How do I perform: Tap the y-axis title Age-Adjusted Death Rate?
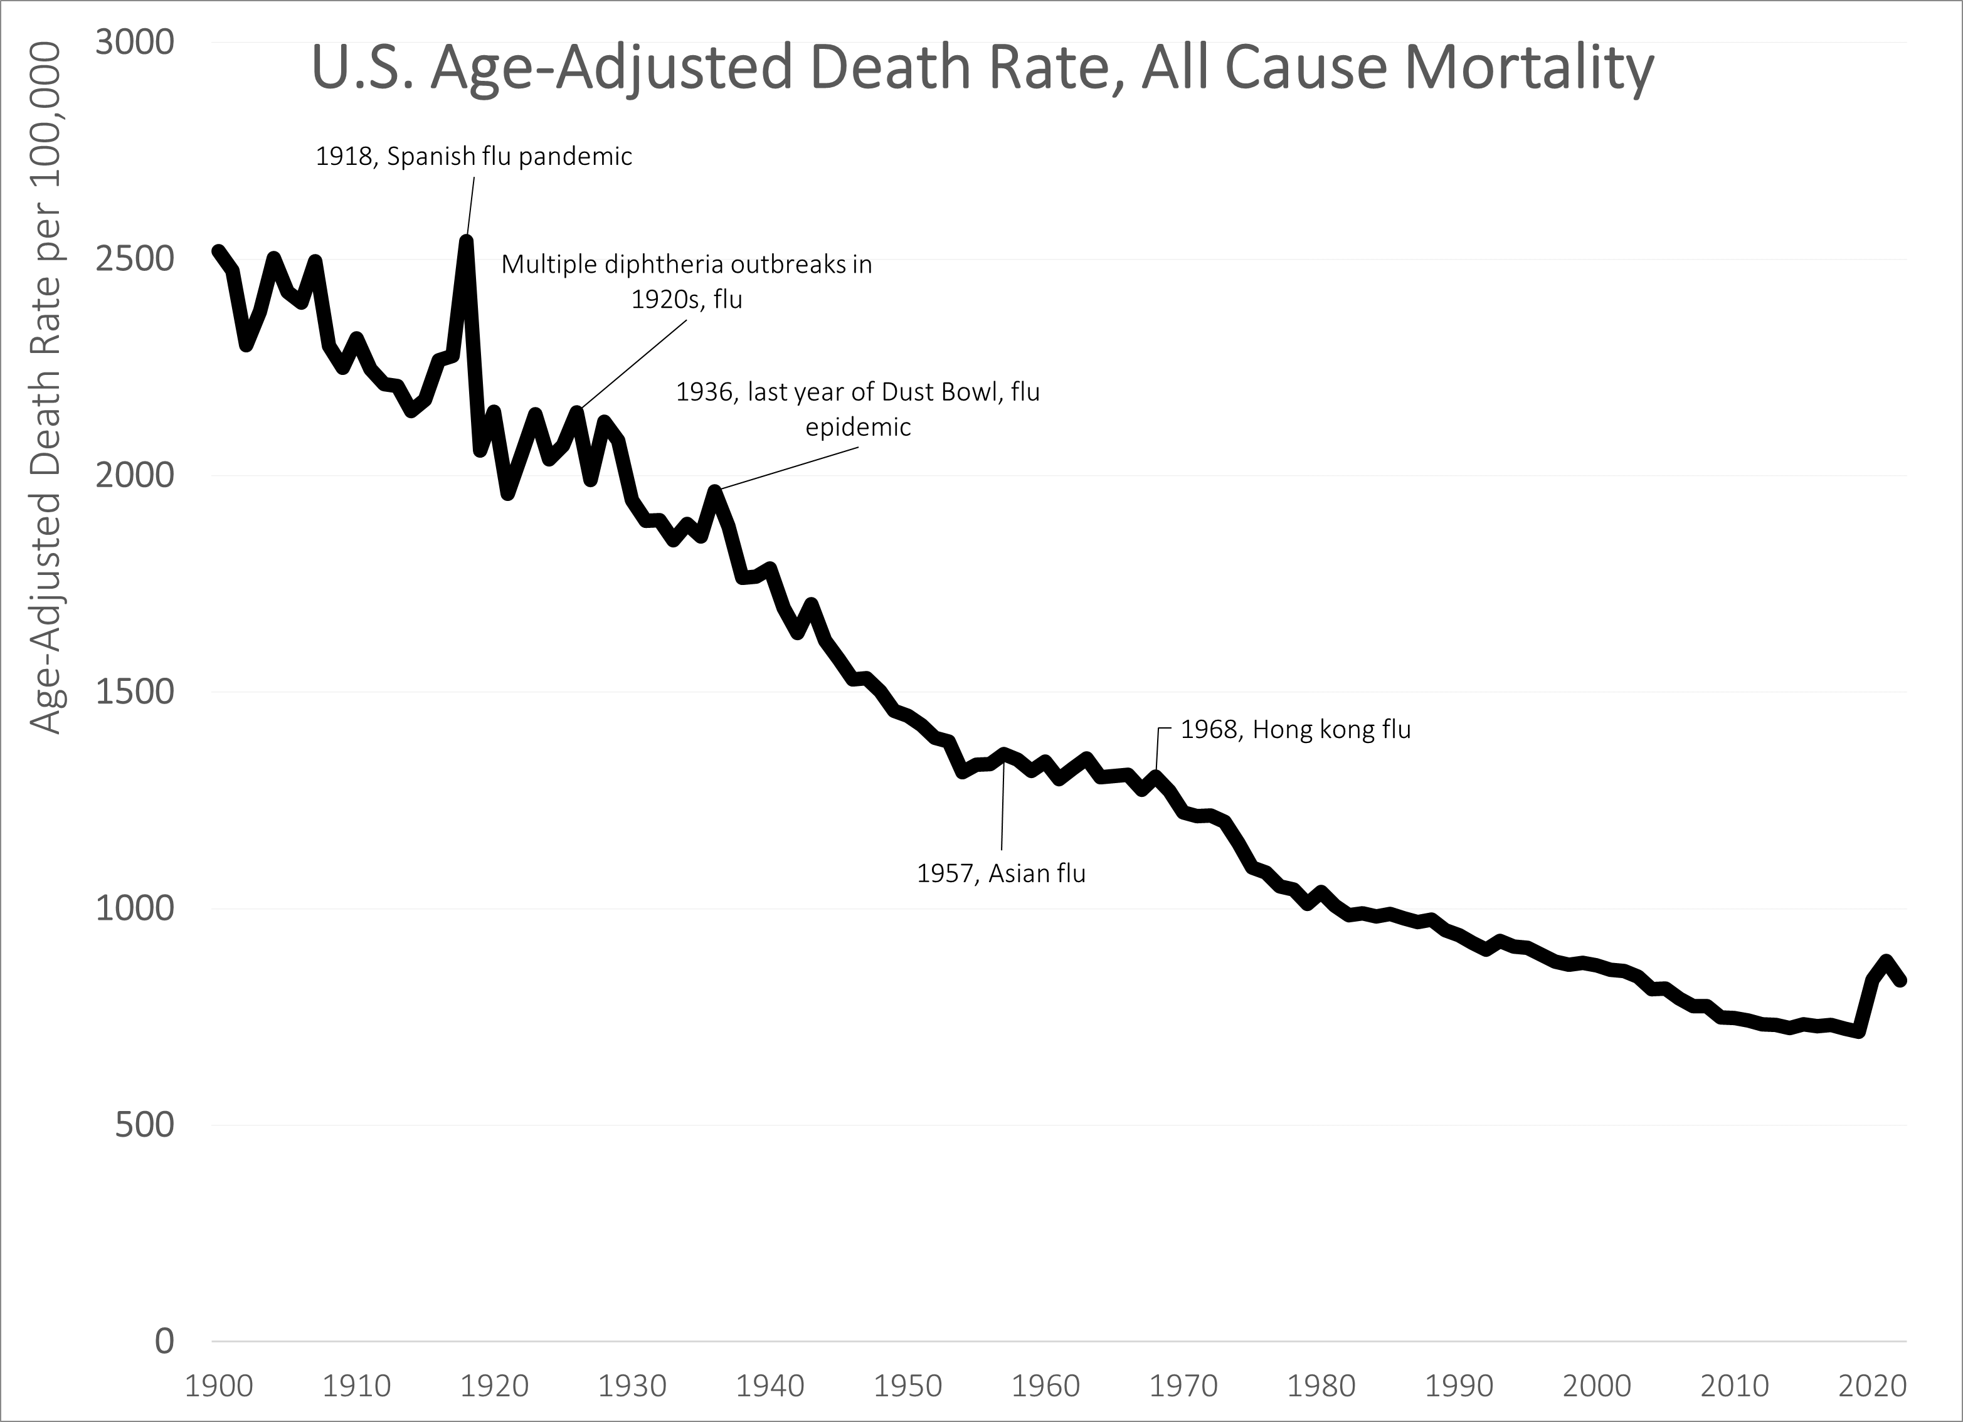pos(48,389)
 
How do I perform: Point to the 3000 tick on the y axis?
pos(134,41)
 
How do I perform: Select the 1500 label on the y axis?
pos(134,692)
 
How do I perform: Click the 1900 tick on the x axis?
pos(219,1386)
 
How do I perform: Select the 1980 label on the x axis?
pos(1321,1386)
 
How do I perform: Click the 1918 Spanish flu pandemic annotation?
pos(474,157)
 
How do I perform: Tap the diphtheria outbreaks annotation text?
pos(686,282)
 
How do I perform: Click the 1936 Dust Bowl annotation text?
pos(858,409)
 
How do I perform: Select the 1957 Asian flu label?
pos(1002,873)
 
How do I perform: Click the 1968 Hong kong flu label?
pos(1296,730)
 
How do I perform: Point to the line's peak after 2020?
pos(1886,961)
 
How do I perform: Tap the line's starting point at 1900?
pos(218,251)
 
